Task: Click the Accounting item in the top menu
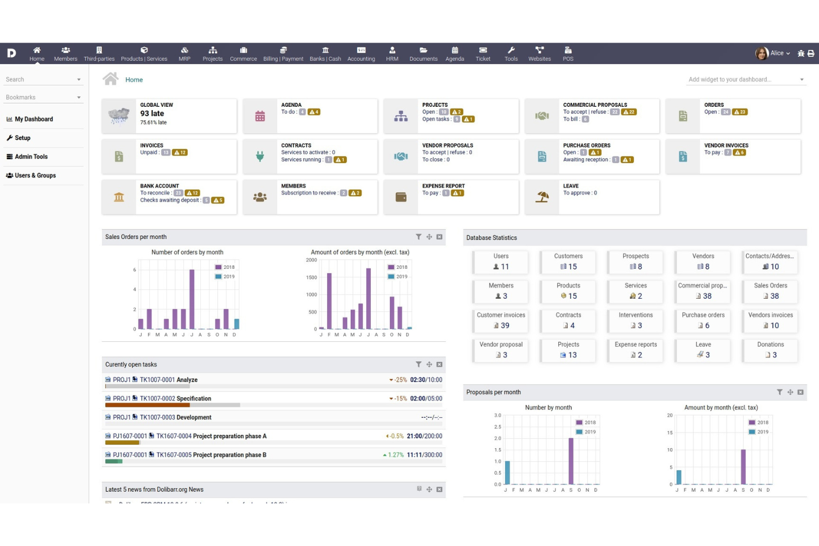(361, 53)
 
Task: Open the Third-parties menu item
(99, 53)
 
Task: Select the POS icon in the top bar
(568, 53)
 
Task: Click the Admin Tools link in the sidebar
(31, 157)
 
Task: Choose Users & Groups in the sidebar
(35, 175)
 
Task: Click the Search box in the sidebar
(39, 80)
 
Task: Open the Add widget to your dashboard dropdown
(745, 80)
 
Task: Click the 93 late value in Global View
(152, 113)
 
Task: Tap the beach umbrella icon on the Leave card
(542, 197)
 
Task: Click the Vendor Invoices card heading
(726, 145)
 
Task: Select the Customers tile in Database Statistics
(568, 262)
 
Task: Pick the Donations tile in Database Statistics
(770, 350)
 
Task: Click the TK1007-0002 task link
(157, 398)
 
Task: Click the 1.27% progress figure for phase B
(396, 455)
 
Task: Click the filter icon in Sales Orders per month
(418, 237)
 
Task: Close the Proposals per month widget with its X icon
(800, 392)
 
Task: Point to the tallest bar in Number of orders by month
(192, 299)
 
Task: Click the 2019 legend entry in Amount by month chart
(762, 431)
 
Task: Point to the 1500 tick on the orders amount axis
(312, 277)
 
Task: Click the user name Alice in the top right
(777, 53)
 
